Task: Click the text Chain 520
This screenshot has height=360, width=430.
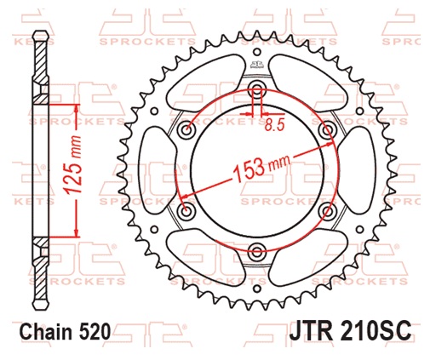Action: tap(64, 333)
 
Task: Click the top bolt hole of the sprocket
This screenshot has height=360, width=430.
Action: tap(255, 89)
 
